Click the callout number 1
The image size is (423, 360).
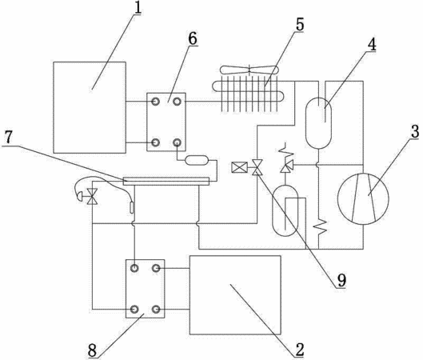[x=138, y=8]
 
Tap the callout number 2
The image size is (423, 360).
[x=299, y=350]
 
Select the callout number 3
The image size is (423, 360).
[x=415, y=132]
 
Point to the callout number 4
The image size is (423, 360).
[x=372, y=45]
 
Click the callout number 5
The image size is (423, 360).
[x=300, y=25]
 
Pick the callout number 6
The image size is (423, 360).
[x=193, y=39]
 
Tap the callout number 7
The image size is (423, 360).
[x=8, y=138]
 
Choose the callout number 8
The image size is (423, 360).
[x=92, y=351]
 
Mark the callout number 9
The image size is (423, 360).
[x=341, y=281]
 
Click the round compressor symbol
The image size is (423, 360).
[x=363, y=198]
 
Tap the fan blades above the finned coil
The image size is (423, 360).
[x=249, y=70]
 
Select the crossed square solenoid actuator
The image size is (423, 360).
[x=239, y=167]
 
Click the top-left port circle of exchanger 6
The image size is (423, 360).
[x=155, y=102]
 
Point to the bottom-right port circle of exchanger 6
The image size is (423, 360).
[x=177, y=142]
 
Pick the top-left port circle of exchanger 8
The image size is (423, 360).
[x=134, y=268]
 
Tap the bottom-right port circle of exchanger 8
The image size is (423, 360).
[x=156, y=310]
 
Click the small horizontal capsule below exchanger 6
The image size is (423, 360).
[x=197, y=160]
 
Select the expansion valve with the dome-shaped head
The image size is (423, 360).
[x=87, y=197]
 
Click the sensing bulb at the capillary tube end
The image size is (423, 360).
[x=131, y=207]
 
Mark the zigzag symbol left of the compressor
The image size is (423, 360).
[x=321, y=226]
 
